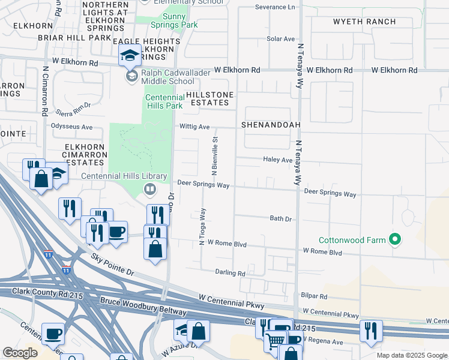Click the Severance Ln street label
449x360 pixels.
(x=275, y=7)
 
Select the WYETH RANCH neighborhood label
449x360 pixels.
(x=364, y=22)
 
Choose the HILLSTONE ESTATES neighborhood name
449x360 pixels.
(x=209, y=99)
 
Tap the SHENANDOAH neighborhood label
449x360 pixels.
(x=270, y=125)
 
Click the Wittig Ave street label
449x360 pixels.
(x=194, y=127)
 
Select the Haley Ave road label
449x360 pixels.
(x=277, y=160)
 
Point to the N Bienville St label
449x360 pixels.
(x=214, y=152)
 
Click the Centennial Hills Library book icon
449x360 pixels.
(x=149, y=190)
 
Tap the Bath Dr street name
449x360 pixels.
(x=280, y=219)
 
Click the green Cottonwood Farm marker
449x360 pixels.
(x=394, y=240)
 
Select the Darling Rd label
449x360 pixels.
(x=231, y=272)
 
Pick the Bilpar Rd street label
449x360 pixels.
(x=315, y=296)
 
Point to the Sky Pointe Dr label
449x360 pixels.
(x=113, y=264)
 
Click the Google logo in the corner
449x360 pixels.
(x=20, y=353)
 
